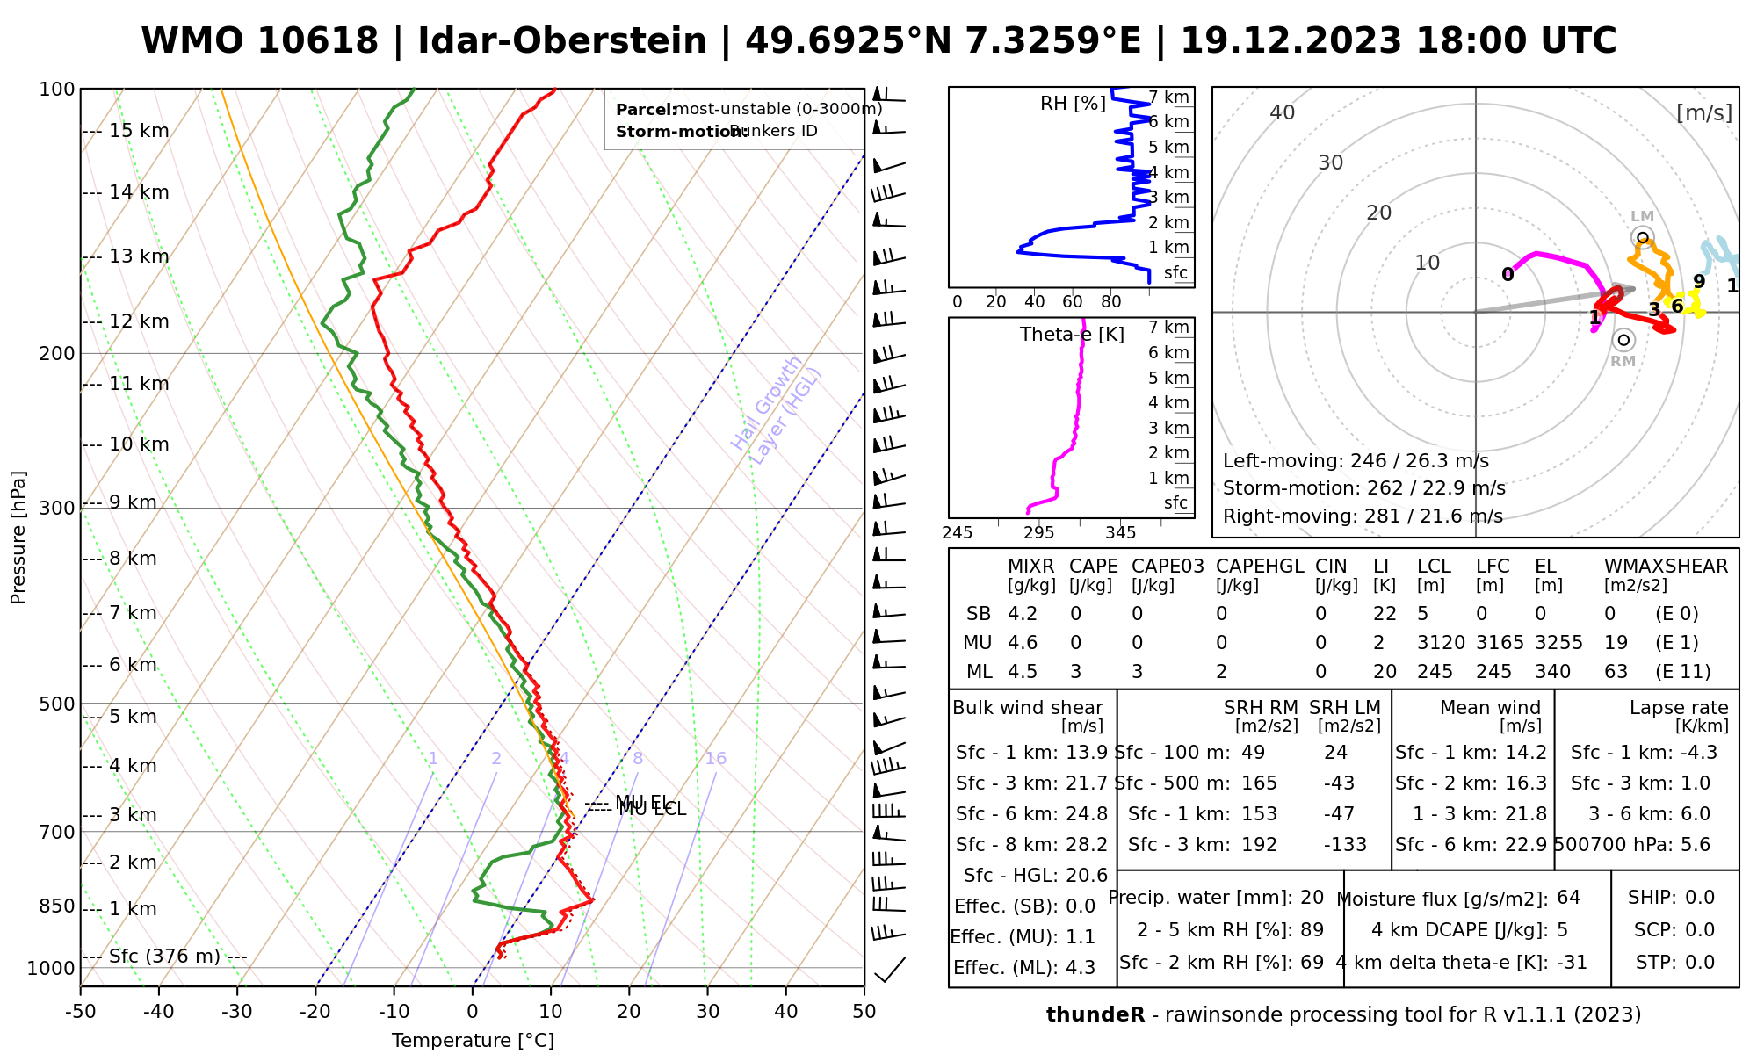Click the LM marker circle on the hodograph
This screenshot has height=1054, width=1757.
pyautogui.click(x=1642, y=237)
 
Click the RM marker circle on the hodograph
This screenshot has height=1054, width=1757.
pyautogui.click(x=1623, y=340)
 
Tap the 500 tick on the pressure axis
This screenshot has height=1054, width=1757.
pyautogui.click(x=57, y=704)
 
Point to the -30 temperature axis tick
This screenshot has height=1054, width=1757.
pyautogui.click(x=237, y=1012)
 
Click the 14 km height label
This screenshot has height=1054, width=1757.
pyautogui.click(x=139, y=192)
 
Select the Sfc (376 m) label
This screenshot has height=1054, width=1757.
pyautogui.click(x=164, y=957)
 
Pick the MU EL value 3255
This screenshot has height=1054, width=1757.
pyautogui.click(x=1558, y=643)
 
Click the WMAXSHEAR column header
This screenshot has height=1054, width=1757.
pyautogui.click(x=1666, y=567)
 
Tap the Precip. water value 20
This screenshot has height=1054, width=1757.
pyautogui.click(x=1312, y=898)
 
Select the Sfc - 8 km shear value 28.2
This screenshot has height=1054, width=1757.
pyautogui.click(x=1087, y=845)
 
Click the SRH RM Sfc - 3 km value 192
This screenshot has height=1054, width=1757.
pyautogui.click(x=1259, y=845)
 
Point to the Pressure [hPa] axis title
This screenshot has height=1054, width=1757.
pyautogui.click(x=18, y=538)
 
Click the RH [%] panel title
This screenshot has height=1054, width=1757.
pyautogui.click(x=1073, y=104)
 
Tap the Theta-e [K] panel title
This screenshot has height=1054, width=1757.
pyautogui.click(x=1072, y=335)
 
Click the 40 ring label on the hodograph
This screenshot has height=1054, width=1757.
pyautogui.click(x=1283, y=112)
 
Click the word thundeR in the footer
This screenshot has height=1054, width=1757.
pyautogui.click(x=1095, y=1015)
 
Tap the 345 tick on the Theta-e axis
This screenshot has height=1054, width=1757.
pyautogui.click(x=1120, y=532)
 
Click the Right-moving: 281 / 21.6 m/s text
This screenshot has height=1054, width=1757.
pyautogui.click(x=1363, y=516)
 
